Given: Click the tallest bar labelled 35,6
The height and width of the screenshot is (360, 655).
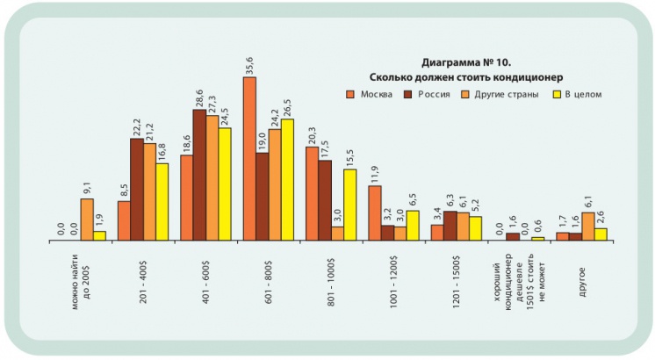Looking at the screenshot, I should (249, 159).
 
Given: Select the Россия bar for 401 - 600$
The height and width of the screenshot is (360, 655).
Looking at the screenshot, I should (199, 175).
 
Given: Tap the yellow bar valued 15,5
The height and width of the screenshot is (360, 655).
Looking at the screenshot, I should (349, 205).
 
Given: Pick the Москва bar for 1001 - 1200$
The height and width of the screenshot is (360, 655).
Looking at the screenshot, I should (375, 213).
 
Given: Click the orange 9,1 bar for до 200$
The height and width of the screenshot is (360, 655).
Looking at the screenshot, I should (86, 220).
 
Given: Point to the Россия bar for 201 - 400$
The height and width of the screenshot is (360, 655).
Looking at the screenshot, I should (137, 190).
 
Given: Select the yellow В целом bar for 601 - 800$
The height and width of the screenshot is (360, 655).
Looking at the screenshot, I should (287, 180).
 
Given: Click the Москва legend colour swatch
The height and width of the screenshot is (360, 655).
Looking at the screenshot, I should (349, 94).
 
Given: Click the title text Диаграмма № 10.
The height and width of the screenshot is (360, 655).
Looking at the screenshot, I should (465, 63).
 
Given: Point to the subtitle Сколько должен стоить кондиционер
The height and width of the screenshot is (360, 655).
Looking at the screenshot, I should (465, 77).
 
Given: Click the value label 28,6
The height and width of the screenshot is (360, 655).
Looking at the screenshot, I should (199, 97).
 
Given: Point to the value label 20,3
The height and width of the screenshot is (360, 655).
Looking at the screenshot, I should (312, 134).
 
